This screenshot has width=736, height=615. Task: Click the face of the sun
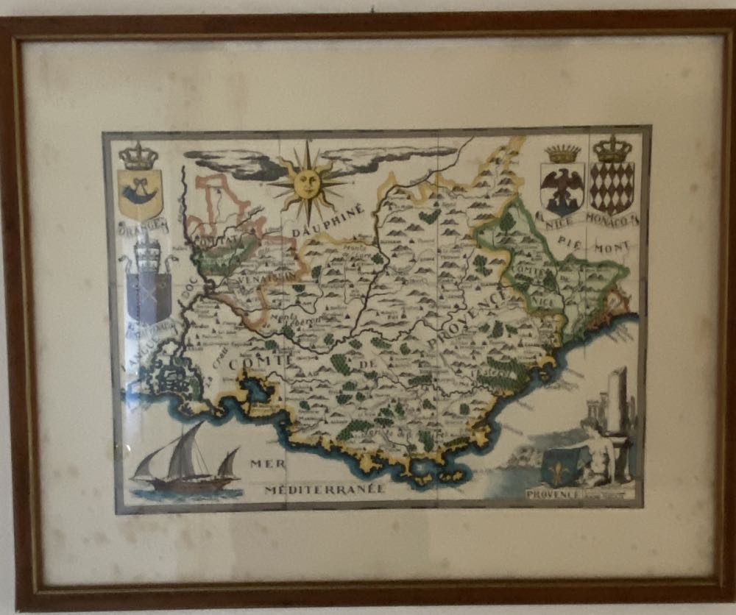point(308,182)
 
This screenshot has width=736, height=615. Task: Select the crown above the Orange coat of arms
point(139,155)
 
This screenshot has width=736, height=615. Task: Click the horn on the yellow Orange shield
point(139,193)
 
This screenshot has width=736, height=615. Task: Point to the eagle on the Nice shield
point(562,187)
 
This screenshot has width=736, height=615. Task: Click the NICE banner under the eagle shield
point(562,218)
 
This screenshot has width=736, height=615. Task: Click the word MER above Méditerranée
point(266,463)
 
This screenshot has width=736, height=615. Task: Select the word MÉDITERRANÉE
point(325,488)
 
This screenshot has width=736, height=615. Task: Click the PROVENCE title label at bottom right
point(553,494)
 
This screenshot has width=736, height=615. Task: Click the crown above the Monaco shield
point(612,150)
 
